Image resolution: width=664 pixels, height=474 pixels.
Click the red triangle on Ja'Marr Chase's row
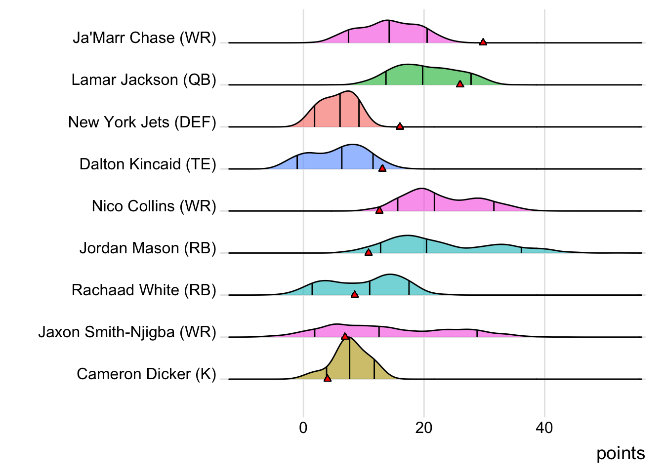[x=483, y=42]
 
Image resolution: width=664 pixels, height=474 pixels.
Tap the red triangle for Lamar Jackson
[x=460, y=84]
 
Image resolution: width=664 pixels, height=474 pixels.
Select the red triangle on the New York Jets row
[x=400, y=126]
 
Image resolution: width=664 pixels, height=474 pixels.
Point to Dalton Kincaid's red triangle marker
[x=382, y=168]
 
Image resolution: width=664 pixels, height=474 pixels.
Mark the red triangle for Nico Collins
[x=379, y=210]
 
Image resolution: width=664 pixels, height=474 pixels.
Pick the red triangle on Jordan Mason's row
[x=368, y=252]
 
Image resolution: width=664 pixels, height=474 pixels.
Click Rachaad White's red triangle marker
[x=354, y=294]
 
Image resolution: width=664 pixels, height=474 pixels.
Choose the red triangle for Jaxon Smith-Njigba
[x=345, y=336]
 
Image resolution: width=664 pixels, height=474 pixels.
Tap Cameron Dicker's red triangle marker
[x=327, y=378]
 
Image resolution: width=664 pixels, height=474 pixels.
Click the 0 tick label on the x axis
[x=303, y=428]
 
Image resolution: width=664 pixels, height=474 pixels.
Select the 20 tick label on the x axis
[x=423, y=428]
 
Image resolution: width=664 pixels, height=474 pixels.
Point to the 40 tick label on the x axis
[x=544, y=428]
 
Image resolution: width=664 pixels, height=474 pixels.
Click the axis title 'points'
[x=620, y=453]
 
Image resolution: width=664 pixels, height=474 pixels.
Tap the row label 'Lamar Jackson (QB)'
[x=144, y=79]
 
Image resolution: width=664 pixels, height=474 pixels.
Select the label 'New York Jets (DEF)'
[x=142, y=122]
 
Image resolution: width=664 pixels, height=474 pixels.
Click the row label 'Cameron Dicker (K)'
[x=146, y=374]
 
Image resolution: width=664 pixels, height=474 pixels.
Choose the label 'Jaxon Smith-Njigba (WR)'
[x=127, y=332]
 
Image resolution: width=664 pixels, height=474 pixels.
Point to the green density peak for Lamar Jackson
[x=408, y=66]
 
